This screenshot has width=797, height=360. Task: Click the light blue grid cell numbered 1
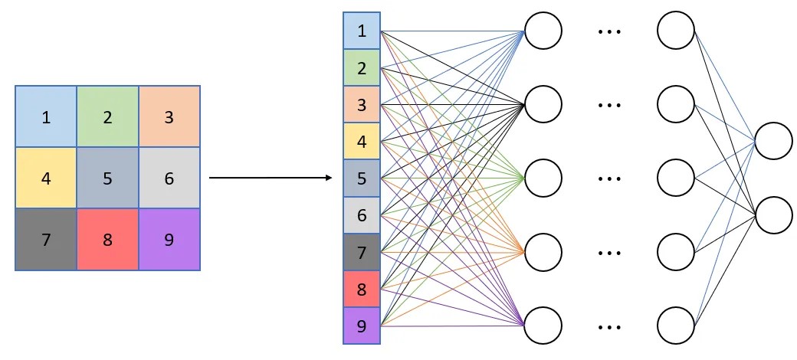click(46, 116)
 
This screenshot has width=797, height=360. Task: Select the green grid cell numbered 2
click(107, 116)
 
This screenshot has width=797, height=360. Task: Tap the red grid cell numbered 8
click(107, 240)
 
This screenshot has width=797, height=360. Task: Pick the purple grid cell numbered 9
click(169, 240)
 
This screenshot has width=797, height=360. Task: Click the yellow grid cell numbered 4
click(46, 178)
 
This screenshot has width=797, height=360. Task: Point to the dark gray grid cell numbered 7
click(46, 240)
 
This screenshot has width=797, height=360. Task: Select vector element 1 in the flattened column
click(362, 31)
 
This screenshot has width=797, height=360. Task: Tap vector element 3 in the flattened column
click(362, 105)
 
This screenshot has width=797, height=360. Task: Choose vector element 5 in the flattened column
click(362, 178)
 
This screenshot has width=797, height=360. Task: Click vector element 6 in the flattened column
click(362, 215)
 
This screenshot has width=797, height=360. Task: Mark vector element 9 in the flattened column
click(362, 326)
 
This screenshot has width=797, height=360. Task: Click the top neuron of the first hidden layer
click(543, 31)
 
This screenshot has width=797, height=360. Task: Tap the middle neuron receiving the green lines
click(543, 178)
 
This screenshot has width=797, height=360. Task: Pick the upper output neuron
click(773, 141)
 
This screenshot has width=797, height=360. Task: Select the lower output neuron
click(773, 214)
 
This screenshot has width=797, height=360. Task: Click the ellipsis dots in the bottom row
click(609, 326)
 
